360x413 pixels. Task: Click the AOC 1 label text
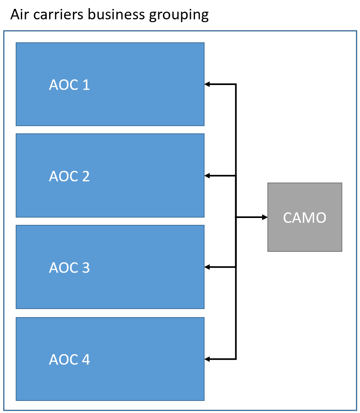[x=69, y=85]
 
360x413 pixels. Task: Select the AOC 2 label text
[x=69, y=176]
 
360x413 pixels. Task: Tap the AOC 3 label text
[x=69, y=268]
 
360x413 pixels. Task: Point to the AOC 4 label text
[x=69, y=359]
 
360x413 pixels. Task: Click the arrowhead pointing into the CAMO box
[x=265, y=217]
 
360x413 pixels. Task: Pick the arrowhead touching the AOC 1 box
[x=207, y=84]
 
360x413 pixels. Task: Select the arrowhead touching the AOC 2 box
[x=207, y=176]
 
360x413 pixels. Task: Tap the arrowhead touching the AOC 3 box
[x=207, y=267]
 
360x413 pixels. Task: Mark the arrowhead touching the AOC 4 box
[x=207, y=359]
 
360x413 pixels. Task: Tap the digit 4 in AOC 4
[x=85, y=359]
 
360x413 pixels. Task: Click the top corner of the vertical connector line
[x=236, y=84]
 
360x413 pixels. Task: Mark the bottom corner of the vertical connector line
[x=236, y=359]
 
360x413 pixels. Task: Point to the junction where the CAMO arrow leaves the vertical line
[x=236, y=217]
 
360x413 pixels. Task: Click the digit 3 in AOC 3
[x=85, y=268]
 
